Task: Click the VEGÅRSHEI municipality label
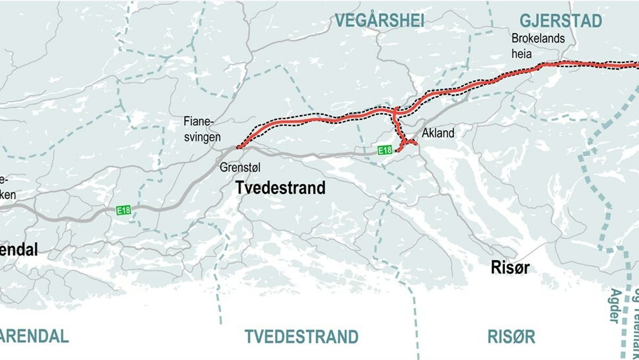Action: point(379,21)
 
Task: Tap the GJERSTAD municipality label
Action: point(561,21)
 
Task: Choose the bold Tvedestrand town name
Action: point(281,188)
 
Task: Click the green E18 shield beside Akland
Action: point(385,150)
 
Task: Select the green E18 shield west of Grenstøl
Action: point(124,210)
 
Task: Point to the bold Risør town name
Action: point(510,268)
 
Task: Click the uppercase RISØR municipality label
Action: point(511,337)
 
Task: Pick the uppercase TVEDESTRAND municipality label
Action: point(301,337)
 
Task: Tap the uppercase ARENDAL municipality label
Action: point(34,337)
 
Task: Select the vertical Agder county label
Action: point(615,306)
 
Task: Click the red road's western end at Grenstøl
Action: point(238,147)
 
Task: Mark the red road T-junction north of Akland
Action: point(395,112)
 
